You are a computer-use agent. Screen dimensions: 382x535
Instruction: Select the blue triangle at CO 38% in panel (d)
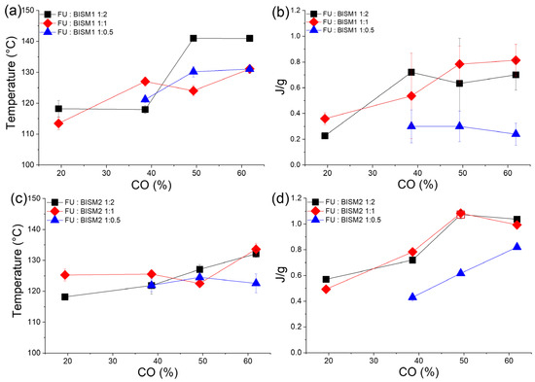(x=412, y=296)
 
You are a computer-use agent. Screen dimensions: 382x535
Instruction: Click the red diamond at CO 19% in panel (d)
(x=325, y=289)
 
